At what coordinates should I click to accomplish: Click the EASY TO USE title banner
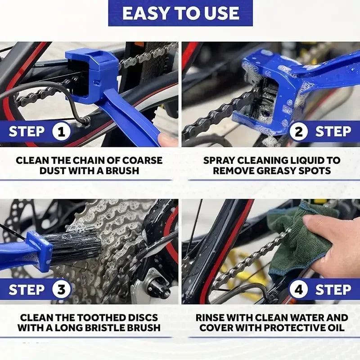(180, 13)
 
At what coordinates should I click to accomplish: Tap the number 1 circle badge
(62, 132)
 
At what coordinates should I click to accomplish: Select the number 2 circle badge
(298, 132)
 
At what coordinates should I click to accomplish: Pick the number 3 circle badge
(62, 290)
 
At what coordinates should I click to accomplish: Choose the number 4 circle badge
(298, 290)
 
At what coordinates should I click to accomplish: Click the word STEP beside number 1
(27, 132)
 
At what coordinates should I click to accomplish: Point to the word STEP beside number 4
(333, 290)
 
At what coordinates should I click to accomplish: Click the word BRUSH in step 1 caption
(121, 171)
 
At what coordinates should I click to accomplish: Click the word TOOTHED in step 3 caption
(101, 318)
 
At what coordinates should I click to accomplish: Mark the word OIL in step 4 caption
(334, 328)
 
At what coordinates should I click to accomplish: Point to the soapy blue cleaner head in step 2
(265, 90)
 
